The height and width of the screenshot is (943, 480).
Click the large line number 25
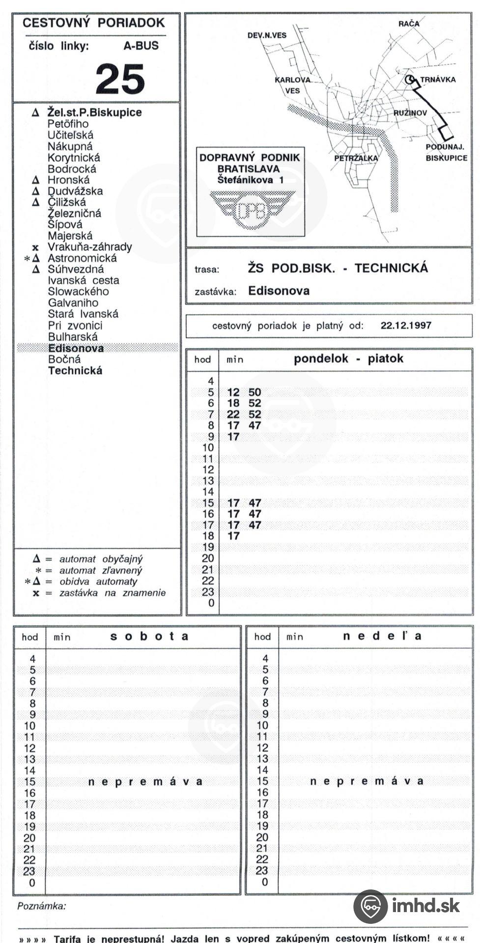click(x=120, y=79)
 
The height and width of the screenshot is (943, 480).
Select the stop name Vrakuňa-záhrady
click(x=89, y=247)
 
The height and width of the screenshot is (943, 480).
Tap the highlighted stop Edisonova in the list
click(x=76, y=348)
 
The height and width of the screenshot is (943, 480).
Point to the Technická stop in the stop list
click(x=75, y=371)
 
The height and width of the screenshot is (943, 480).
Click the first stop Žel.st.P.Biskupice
click(x=94, y=112)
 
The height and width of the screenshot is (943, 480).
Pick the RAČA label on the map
click(x=409, y=24)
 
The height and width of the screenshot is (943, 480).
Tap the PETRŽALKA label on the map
click(x=356, y=158)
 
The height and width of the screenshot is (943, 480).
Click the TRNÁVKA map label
click(x=437, y=80)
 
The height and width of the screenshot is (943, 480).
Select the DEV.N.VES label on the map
click(x=267, y=35)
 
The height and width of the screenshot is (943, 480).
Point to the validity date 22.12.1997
click(x=406, y=325)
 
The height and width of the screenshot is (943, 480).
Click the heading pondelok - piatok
click(x=348, y=359)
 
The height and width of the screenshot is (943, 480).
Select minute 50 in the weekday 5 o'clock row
click(x=254, y=392)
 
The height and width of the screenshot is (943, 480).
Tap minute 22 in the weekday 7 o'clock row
click(x=233, y=415)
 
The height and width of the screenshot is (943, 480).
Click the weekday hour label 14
click(x=208, y=492)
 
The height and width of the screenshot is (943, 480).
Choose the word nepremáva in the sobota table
click(x=145, y=781)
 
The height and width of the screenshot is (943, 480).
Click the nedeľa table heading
click(x=382, y=636)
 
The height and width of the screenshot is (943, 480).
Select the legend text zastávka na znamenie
click(x=113, y=593)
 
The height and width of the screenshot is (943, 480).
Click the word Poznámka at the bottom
click(x=41, y=906)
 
